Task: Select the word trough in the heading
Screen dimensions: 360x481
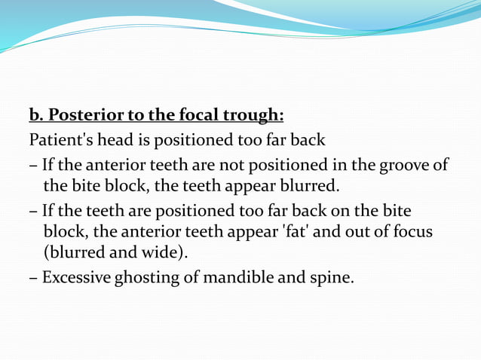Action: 255,116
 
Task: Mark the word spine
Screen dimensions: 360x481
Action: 331,277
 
